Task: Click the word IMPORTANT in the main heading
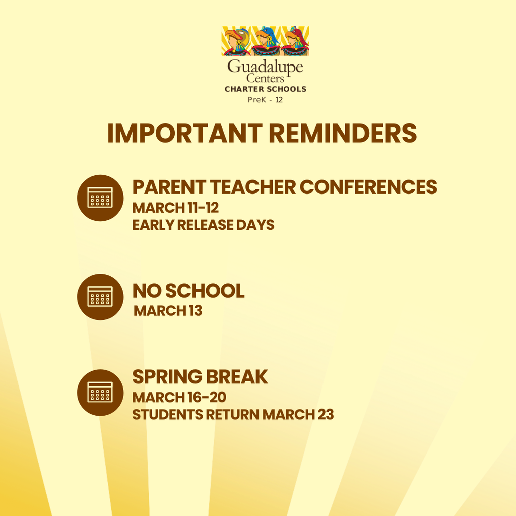point(184,133)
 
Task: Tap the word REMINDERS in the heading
point(343,133)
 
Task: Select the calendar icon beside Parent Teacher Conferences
point(100,198)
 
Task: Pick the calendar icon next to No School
point(100,297)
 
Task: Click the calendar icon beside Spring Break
point(100,393)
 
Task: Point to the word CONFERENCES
point(368,187)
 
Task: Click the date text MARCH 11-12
point(175,208)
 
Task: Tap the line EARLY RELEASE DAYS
point(203,225)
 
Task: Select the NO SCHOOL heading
point(188,291)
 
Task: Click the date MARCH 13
point(168,311)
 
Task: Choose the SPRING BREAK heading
point(200,377)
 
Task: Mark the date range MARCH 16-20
point(179,398)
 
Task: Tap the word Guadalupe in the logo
point(265,67)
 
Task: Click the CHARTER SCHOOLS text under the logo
point(265,89)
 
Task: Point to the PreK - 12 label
point(265,100)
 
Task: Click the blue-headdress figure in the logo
point(266,41)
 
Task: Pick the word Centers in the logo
point(265,78)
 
